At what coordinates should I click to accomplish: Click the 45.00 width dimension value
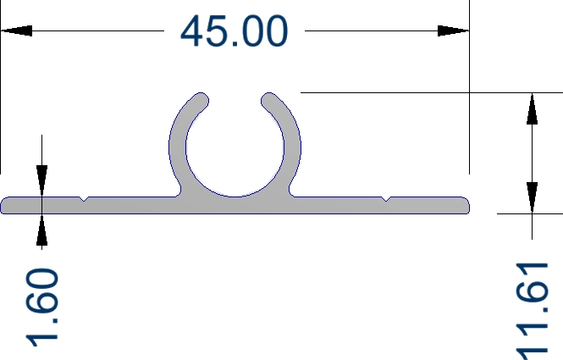click(235, 32)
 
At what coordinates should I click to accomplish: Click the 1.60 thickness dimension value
click(42, 307)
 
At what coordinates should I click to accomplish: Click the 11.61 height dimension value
click(533, 312)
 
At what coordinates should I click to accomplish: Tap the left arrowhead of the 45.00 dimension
click(17, 31)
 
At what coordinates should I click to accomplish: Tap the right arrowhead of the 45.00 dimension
click(453, 31)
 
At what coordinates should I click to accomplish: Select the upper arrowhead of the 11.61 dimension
click(532, 108)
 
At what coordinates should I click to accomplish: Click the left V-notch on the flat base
click(84, 200)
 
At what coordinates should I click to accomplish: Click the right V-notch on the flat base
click(385, 200)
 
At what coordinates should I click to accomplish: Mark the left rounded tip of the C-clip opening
click(201, 100)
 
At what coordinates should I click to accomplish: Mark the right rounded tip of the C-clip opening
click(269, 100)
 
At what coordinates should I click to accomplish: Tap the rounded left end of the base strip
click(6, 206)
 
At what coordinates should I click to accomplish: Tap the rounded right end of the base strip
click(465, 206)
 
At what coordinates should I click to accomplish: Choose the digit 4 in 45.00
click(195, 32)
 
